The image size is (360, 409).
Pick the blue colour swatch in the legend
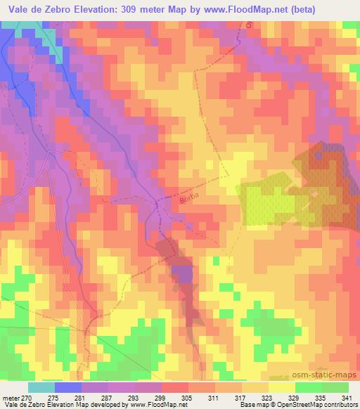[x=67, y=387]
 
